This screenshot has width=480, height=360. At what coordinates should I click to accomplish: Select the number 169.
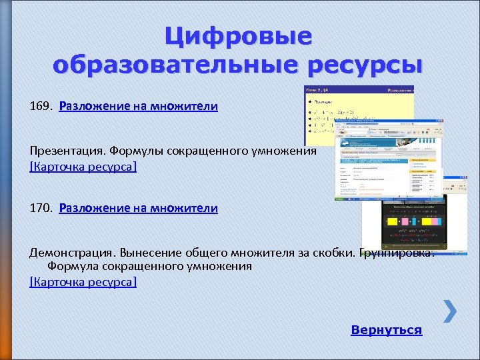point(40,107)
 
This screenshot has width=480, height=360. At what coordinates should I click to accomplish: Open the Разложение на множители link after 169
point(138,107)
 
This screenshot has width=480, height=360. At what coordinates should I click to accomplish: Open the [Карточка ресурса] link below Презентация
point(83,166)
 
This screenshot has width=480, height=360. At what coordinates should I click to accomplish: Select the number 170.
point(40,209)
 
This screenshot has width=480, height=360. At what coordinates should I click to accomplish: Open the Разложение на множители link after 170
point(138,209)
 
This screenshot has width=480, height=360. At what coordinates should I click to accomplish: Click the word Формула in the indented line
point(73,266)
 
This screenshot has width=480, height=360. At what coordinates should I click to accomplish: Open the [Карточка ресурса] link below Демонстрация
point(83,282)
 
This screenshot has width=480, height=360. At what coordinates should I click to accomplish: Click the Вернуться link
point(386,330)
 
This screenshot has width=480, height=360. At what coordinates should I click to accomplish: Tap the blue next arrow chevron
point(450,311)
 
